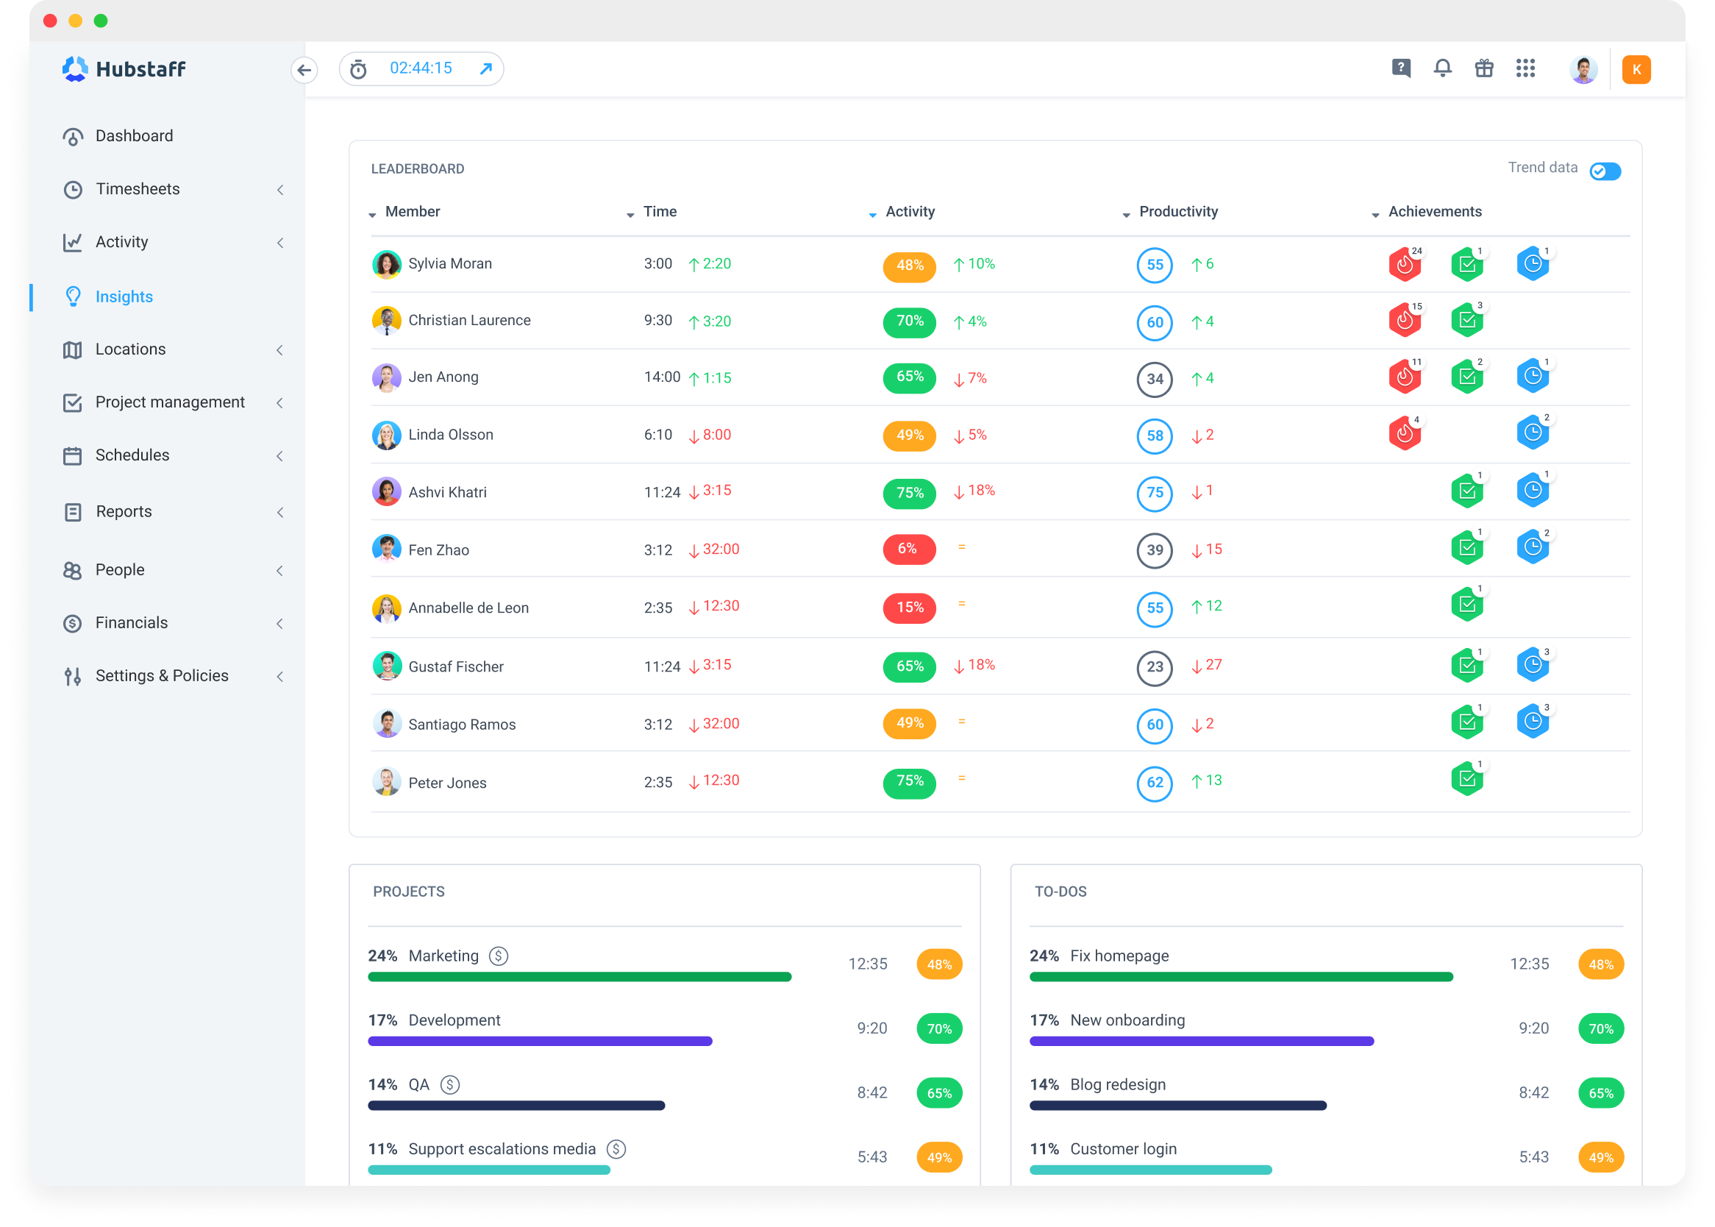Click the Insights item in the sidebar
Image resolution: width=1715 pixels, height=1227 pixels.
tap(124, 297)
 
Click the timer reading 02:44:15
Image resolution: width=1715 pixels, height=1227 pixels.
tap(421, 68)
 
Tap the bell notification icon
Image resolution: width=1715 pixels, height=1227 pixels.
tap(1442, 68)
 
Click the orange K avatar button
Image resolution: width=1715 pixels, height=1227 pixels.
tap(1636, 69)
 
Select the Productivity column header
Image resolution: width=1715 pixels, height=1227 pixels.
tap(1177, 213)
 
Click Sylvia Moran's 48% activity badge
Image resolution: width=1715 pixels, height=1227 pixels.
tap(909, 266)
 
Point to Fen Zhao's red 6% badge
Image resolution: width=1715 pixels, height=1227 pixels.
tap(908, 550)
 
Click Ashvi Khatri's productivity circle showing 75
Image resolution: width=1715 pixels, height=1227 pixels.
tap(1154, 494)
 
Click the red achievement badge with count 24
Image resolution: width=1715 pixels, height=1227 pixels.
tap(1404, 264)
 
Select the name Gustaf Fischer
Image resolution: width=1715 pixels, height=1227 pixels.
tap(455, 667)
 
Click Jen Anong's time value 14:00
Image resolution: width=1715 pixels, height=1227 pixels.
tap(662, 377)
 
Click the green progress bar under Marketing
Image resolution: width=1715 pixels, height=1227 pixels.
tap(580, 977)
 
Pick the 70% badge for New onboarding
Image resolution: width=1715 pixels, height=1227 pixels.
tap(1600, 1029)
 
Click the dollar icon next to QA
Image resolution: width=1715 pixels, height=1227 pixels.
tap(450, 1085)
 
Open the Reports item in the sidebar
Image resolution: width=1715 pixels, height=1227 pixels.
tap(124, 512)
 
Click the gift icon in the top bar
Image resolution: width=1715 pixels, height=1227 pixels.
tap(1484, 68)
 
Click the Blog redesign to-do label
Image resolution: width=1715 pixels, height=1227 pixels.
tap(1117, 1085)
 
